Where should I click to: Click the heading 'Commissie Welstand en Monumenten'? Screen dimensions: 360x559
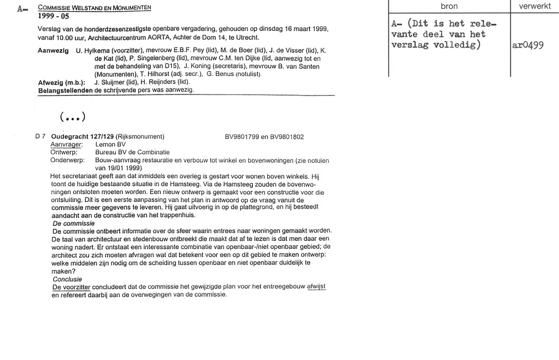click(x=94, y=7)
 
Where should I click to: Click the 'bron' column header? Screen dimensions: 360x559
click(x=449, y=6)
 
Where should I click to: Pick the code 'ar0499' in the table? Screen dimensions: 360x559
click(x=528, y=46)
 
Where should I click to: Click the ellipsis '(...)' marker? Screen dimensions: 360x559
click(x=72, y=117)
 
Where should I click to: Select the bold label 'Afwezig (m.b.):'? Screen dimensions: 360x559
click(x=61, y=82)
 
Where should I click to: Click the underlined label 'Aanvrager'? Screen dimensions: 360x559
click(x=64, y=144)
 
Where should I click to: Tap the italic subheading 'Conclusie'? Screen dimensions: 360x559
click(x=67, y=279)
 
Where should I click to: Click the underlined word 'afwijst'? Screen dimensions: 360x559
click(x=316, y=287)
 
